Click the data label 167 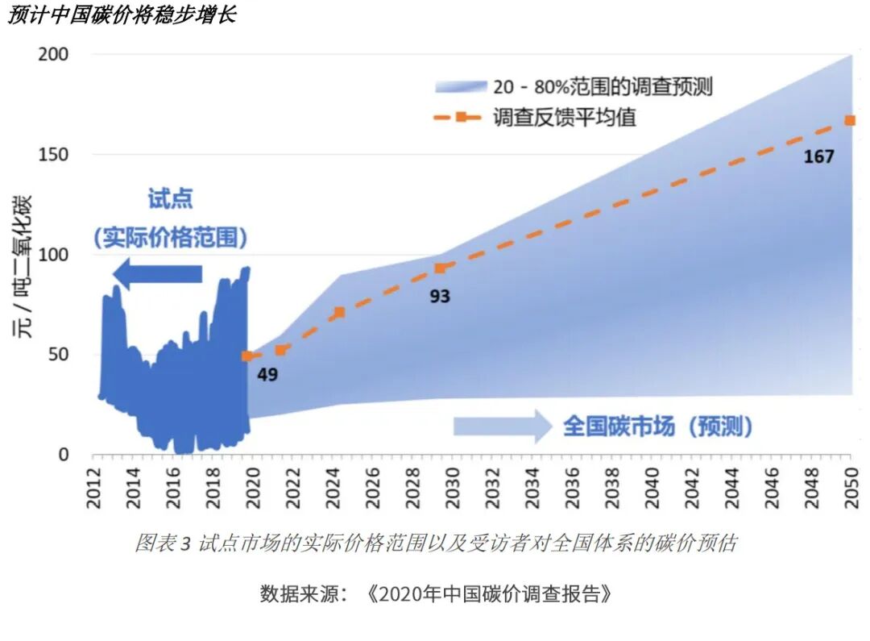pos(818,156)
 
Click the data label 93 pos(439,297)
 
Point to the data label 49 pos(267,375)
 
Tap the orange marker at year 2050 pos(849,120)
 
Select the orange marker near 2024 pos(339,312)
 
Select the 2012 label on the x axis pos(94,489)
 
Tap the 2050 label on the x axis pos(850,489)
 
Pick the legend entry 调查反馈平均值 pos(565,117)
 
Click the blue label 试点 pos(170,198)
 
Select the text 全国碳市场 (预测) pos(657,426)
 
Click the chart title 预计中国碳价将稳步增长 pos(121,15)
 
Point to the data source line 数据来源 pos(435,595)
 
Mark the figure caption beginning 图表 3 pos(435,543)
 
